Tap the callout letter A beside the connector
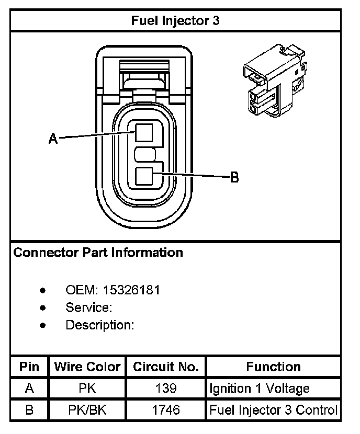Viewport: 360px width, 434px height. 52,139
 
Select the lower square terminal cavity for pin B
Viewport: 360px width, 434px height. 144,176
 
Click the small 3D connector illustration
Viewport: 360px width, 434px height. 273,81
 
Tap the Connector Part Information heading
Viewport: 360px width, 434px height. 98,253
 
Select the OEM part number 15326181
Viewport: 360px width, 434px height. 131,290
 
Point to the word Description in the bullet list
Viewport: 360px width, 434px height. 100,325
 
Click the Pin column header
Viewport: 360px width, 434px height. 29,367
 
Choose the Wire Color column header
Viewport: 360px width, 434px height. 87,367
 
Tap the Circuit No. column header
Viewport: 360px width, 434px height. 166,367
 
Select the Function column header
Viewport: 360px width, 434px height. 273,367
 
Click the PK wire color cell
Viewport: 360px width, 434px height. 87,389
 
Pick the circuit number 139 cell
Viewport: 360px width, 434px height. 166,389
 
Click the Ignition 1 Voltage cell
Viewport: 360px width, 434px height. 260,389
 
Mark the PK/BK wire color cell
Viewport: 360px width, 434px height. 87,410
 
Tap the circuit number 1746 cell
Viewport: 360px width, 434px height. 166,410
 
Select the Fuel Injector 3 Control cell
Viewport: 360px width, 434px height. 273,410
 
